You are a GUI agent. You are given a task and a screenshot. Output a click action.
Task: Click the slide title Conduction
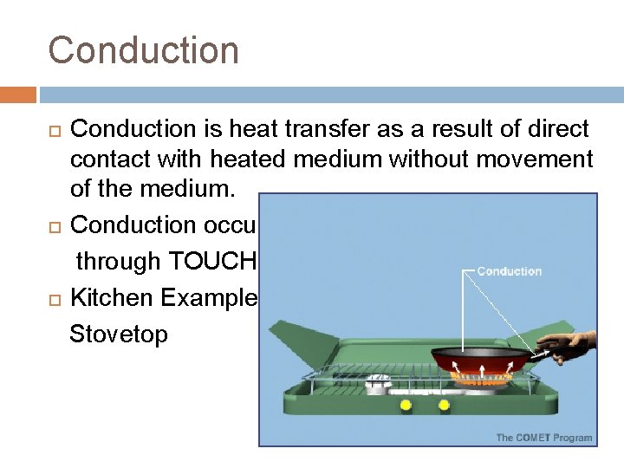pos(143,49)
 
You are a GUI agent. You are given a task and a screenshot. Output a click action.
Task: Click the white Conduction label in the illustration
pos(509,271)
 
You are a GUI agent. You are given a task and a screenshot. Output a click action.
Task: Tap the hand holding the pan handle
pos(573,347)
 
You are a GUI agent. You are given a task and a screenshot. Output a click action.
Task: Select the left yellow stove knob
pos(405,405)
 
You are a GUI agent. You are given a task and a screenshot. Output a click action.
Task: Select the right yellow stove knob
pos(445,405)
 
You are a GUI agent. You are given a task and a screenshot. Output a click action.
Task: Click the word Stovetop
pos(119,334)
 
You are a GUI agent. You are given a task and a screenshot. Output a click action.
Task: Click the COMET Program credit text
pos(543,438)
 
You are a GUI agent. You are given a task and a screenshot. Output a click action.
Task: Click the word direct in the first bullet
pos(555,129)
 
